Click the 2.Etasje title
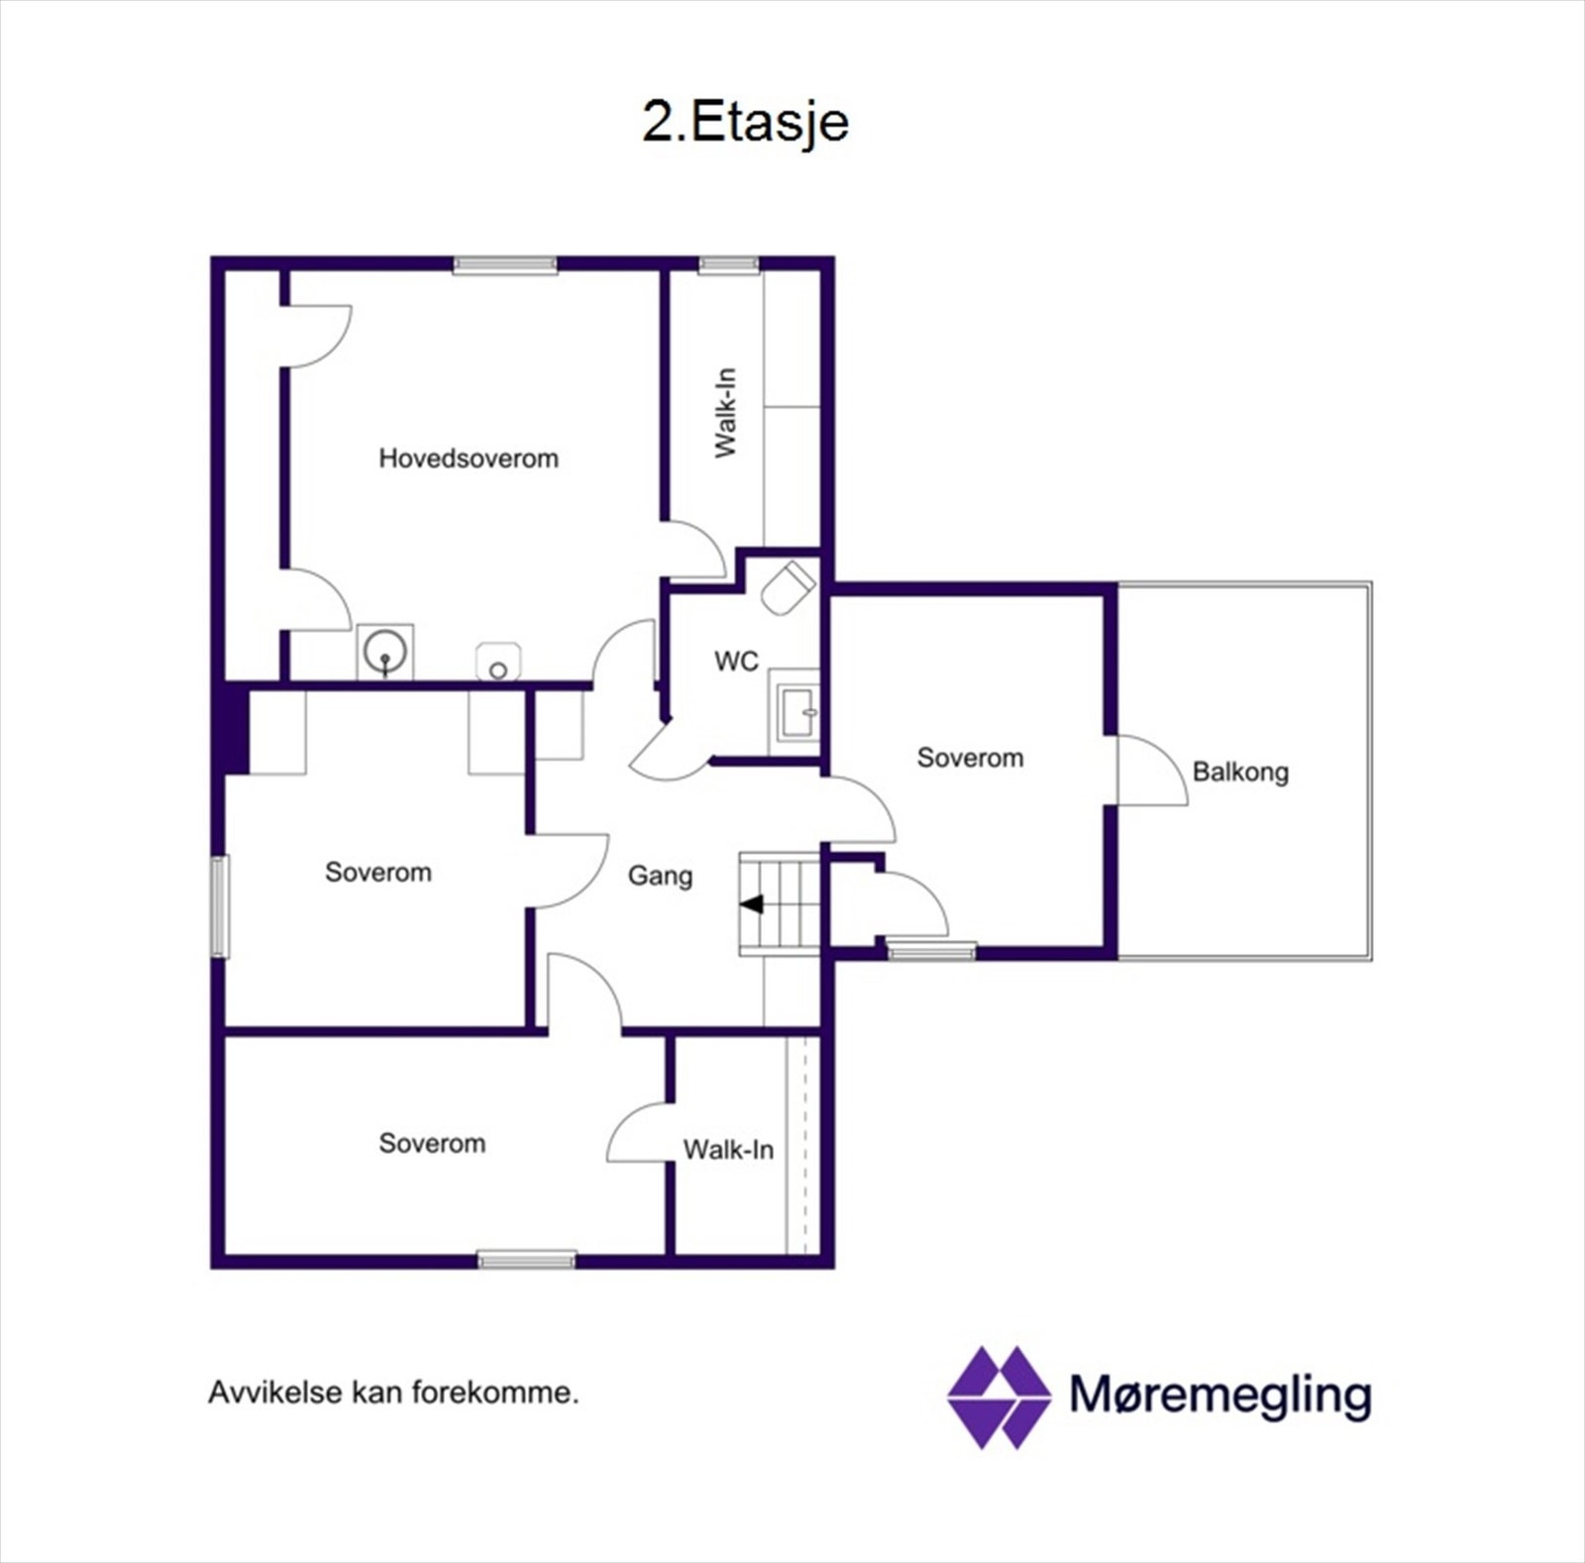tap(745, 123)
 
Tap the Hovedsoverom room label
tap(469, 459)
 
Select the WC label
tap(736, 661)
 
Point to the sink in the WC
tap(797, 712)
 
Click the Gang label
tap(660, 876)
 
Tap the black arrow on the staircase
tap(752, 903)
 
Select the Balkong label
tap(1240, 772)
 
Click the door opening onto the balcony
tap(1149, 771)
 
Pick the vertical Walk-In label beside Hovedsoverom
tap(726, 412)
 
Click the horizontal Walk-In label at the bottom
tap(728, 1149)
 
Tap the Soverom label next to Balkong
tap(970, 758)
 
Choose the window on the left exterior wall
tap(220, 906)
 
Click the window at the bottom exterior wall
tap(527, 1260)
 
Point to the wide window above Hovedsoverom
tap(505, 264)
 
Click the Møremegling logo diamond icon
tap(999, 1397)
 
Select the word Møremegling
tap(1220, 1395)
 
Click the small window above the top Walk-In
tap(728, 264)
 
